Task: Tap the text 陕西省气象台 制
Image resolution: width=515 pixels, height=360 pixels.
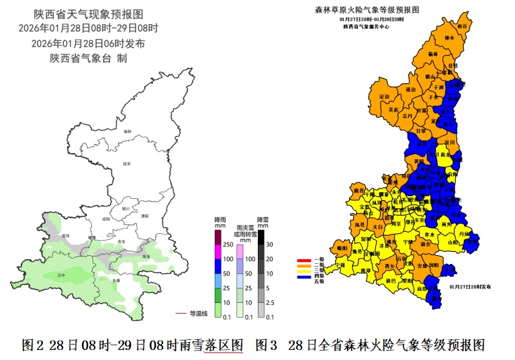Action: (88, 58)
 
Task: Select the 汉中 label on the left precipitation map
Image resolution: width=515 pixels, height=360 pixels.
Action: (61, 275)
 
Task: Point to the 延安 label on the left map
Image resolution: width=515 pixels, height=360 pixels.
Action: (126, 163)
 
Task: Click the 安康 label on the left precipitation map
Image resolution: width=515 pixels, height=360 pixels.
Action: (116, 280)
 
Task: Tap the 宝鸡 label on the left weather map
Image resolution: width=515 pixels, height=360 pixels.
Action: (65, 236)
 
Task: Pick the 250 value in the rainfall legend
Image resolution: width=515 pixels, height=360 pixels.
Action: (228, 245)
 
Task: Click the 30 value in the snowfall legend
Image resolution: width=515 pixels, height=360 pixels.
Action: (269, 245)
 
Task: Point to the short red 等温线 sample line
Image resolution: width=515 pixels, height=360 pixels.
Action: (179, 313)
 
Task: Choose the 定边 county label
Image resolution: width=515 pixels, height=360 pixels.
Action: (384, 97)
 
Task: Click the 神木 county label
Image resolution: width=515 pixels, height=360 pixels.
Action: (449, 38)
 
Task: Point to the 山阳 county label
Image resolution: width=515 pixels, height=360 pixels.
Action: (452, 242)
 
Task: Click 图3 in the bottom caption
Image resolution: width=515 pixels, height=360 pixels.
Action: (267, 345)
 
